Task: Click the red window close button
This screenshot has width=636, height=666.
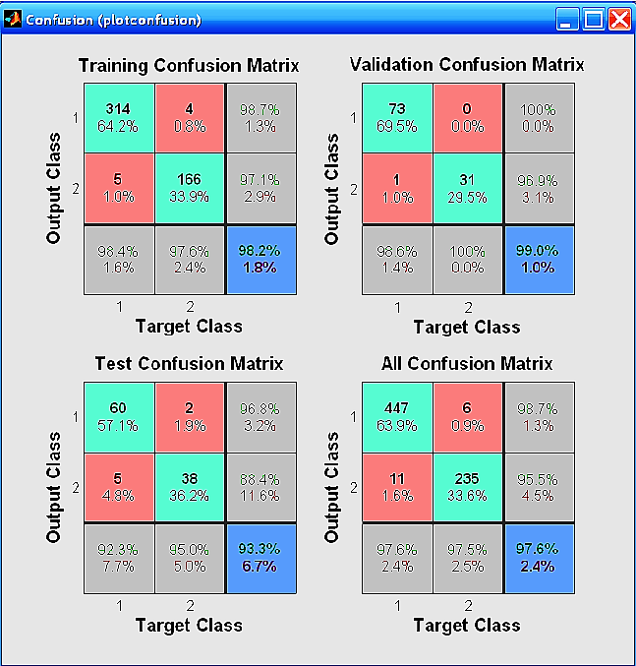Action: [619, 19]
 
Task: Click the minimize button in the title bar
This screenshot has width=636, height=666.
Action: [568, 19]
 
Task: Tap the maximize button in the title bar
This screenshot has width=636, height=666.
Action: [594, 19]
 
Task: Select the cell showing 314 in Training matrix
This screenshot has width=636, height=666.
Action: [119, 117]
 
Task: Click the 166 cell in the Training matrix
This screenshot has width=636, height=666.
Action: [190, 188]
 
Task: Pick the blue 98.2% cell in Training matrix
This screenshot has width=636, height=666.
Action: [260, 259]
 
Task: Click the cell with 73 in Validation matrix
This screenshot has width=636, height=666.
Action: [398, 117]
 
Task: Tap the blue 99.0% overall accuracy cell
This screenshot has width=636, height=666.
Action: [539, 259]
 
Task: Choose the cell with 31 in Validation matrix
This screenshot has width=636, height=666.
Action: [468, 188]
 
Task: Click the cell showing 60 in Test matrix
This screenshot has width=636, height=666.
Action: [119, 417]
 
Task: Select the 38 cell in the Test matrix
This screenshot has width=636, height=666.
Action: [190, 488]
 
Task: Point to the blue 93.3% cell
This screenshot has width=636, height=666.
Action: [260, 559]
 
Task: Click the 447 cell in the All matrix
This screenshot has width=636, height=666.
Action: [398, 417]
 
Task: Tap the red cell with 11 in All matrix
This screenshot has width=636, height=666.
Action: [398, 488]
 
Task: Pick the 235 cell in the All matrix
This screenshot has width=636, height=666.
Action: [468, 488]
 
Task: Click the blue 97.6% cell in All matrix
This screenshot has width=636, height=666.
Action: [539, 559]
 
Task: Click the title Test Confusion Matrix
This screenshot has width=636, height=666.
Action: [189, 364]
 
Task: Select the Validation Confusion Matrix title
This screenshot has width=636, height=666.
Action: [467, 65]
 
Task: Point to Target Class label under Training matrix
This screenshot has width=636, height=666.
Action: [189, 326]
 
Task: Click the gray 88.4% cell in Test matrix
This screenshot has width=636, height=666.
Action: [260, 488]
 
